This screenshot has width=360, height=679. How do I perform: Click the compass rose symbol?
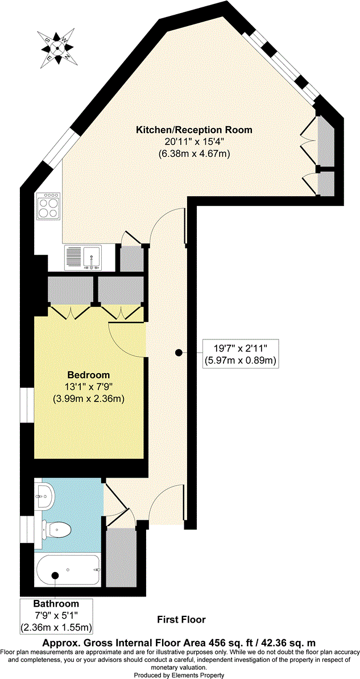[57, 48]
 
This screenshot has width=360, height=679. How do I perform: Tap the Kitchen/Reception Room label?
[193, 130]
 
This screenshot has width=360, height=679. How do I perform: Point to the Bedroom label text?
[88, 375]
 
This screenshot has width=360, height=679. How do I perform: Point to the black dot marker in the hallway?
[179, 353]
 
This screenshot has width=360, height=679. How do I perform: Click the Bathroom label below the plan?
[56, 603]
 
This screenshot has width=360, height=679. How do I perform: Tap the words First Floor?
[181, 619]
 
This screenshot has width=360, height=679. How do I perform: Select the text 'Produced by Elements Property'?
[179, 674]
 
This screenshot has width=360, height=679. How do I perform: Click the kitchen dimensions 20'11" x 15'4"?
[193, 142]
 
